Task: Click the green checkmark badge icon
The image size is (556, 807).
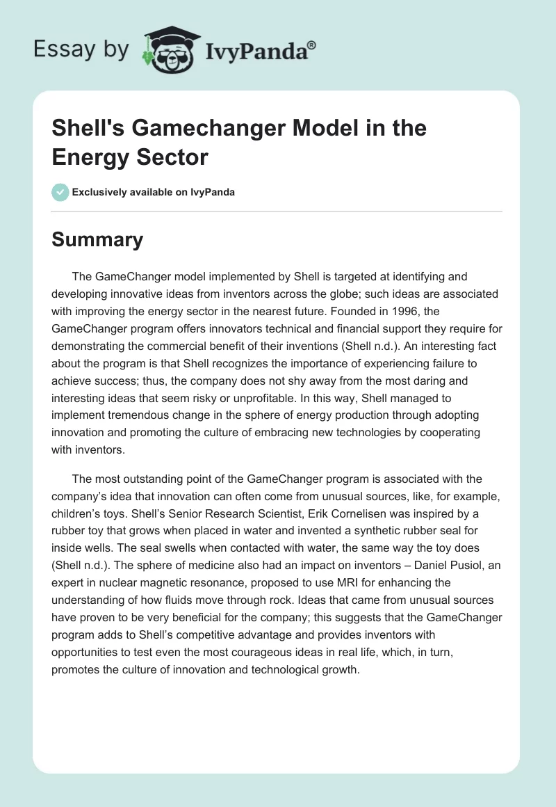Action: click(x=60, y=192)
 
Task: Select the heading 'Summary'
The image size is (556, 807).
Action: click(x=97, y=239)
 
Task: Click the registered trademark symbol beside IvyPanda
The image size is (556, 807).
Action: click(x=312, y=45)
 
